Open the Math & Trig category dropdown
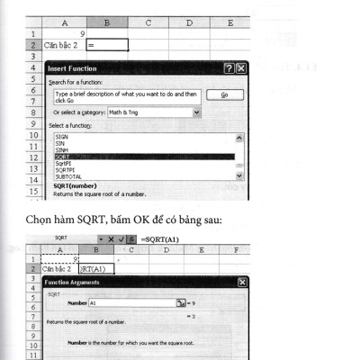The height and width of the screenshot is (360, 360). tap(196, 112)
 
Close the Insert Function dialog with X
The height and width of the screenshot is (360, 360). tap(240, 68)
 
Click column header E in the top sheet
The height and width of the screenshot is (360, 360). tap(231, 22)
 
